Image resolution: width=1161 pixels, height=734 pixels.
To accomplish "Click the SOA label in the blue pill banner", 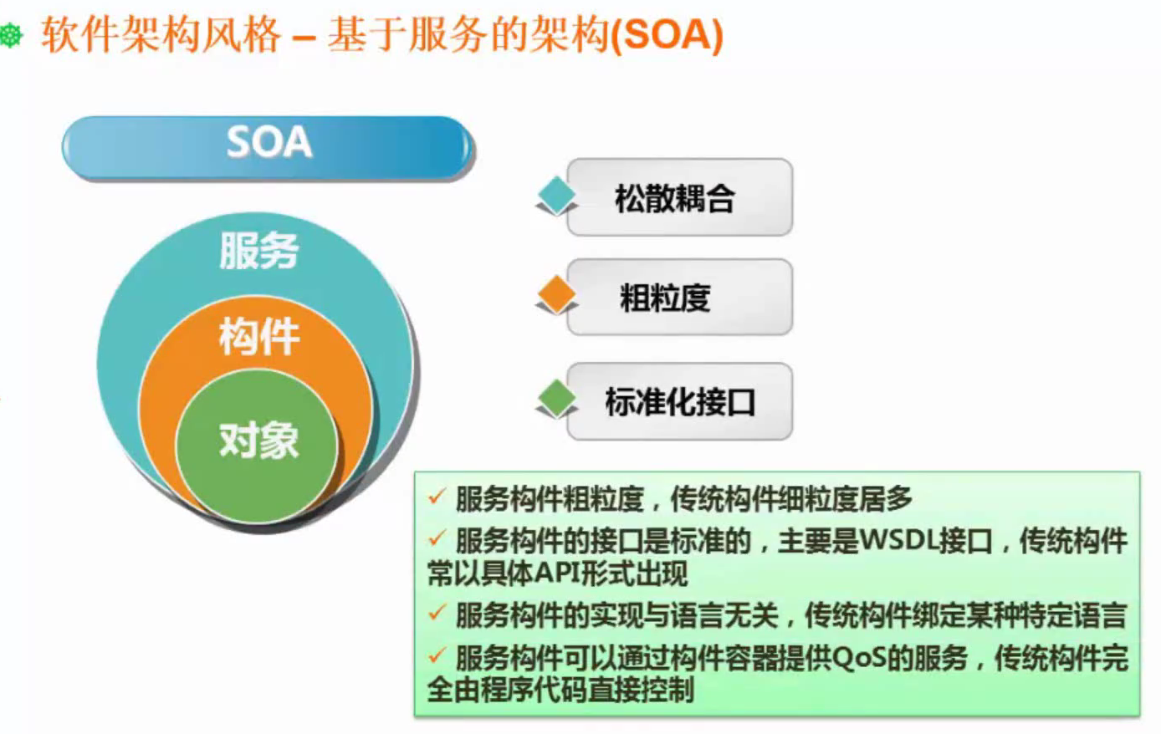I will pyautogui.click(x=269, y=143).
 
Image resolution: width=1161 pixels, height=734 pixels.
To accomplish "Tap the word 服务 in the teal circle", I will pyautogui.click(x=258, y=250).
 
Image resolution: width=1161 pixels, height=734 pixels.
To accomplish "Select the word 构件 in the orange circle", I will pyautogui.click(x=258, y=337).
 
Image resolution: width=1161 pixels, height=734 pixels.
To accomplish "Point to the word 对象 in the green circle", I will pyautogui.click(x=258, y=440).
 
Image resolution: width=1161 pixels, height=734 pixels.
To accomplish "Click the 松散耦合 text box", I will pyautogui.click(x=678, y=198).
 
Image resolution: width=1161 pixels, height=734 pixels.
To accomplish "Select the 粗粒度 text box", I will pyautogui.click(x=678, y=298).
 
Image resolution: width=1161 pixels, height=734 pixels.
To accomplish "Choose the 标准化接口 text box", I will pyautogui.click(x=678, y=402).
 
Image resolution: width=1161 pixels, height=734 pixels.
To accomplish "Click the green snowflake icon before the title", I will pyautogui.click(x=11, y=37).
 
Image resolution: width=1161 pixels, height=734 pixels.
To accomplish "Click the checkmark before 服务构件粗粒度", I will pyautogui.click(x=437, y=497).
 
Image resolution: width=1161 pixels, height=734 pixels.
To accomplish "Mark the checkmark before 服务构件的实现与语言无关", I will pyautogui.click(x=437, y=614).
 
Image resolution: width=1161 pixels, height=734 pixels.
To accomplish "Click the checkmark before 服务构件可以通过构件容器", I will pyautogui.click(x=437, y=656).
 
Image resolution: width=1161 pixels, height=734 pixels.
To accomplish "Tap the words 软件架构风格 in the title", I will pyautogui.click(x=160, y=36).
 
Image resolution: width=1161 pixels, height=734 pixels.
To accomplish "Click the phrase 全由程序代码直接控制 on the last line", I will pyautogui.click(x=560, y=691).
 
